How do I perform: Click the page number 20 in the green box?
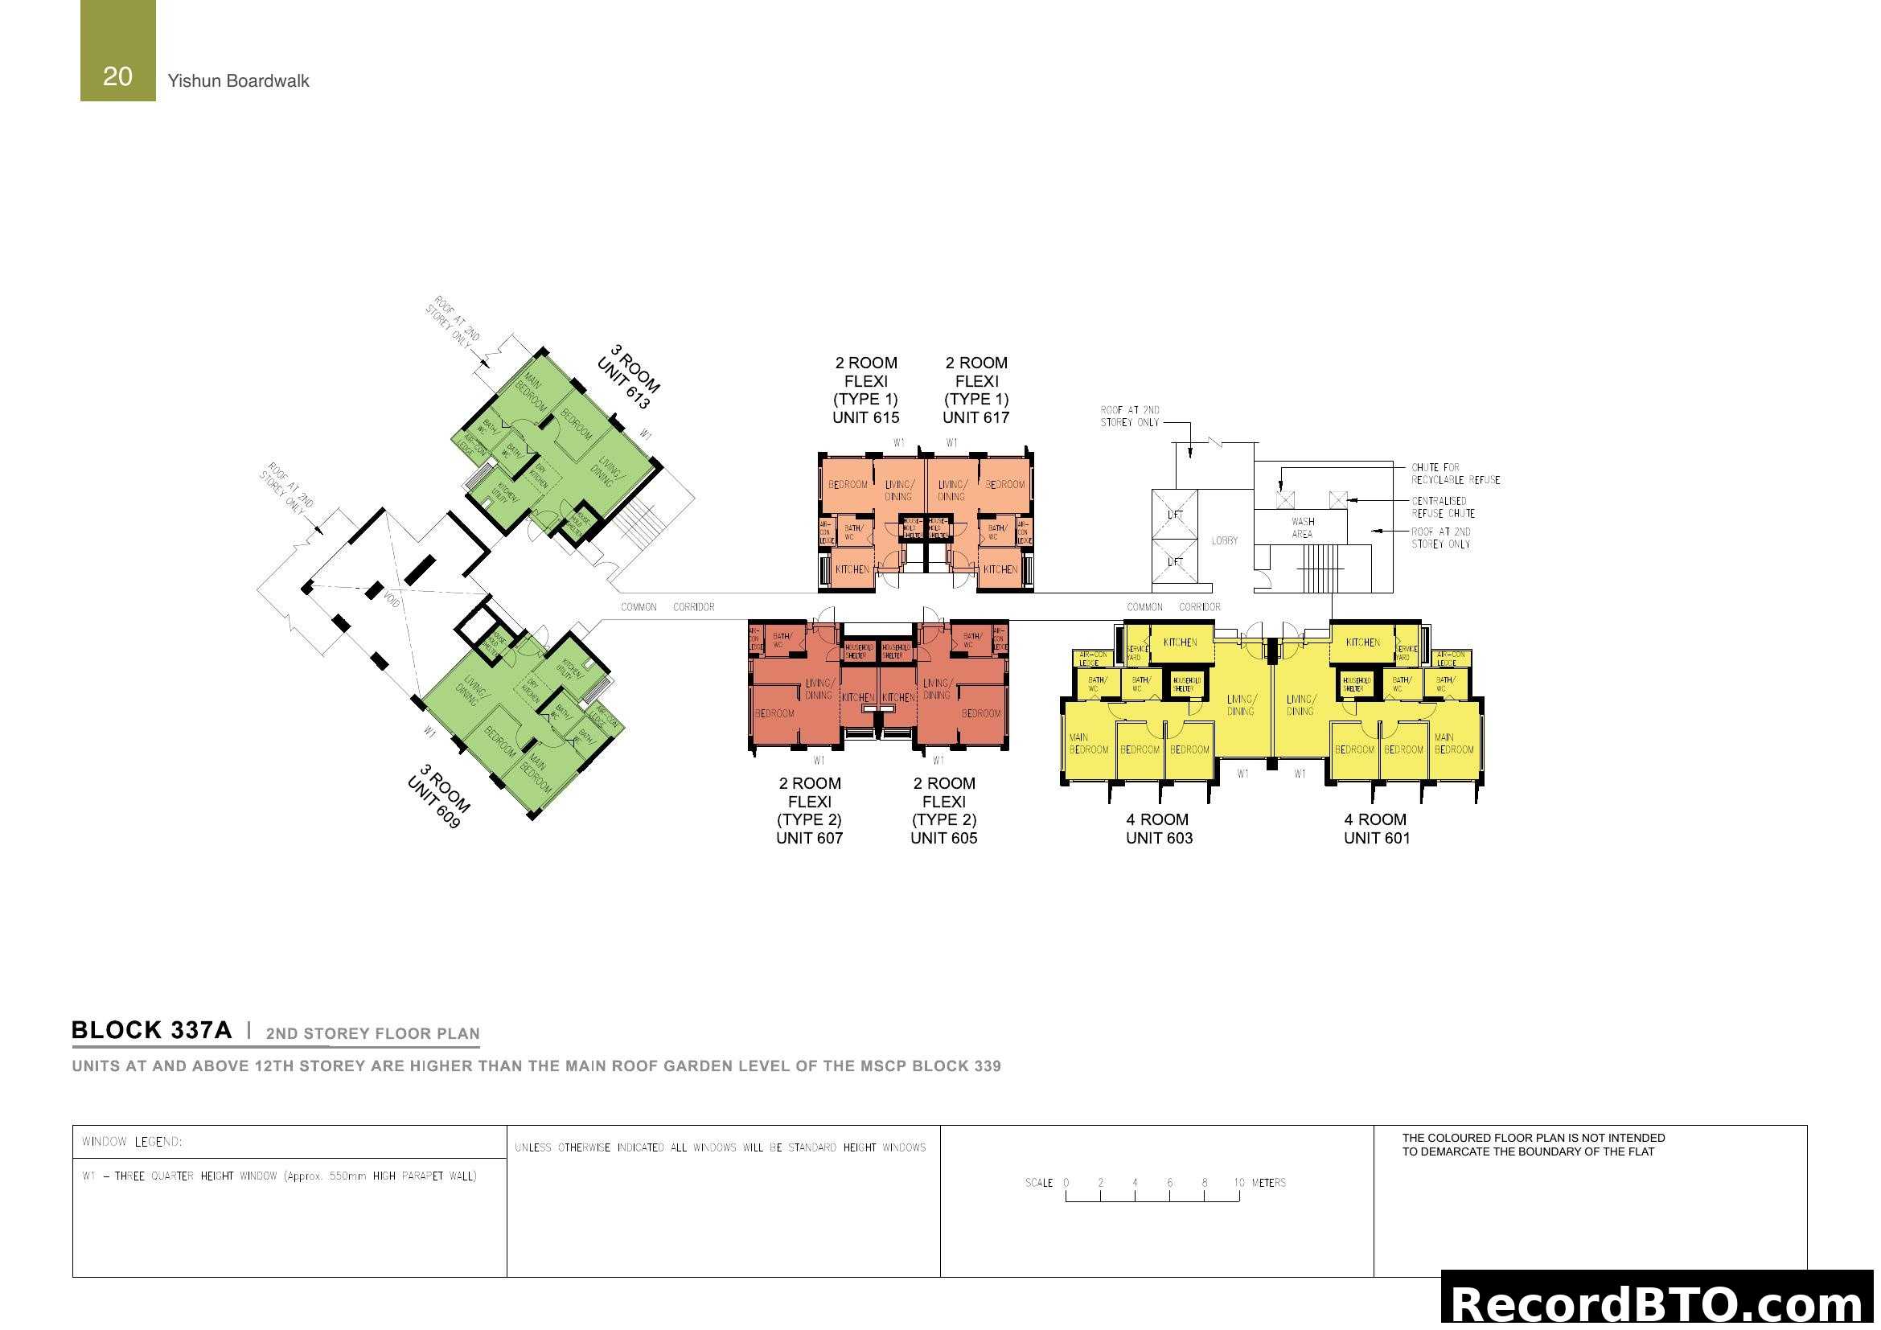(117, 76)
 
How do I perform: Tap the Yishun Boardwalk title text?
(237, 81)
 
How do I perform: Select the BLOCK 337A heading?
(151, 1030)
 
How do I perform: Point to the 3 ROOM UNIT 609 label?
(439, 796)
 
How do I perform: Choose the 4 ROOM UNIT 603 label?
(1158, 828)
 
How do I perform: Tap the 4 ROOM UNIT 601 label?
(1376, 828)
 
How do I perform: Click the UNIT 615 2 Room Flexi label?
(865, 390)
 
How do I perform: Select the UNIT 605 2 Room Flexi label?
(944, 810)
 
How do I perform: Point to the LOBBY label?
(1224, 540)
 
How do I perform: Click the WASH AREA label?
(1302, 527)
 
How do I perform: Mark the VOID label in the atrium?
(392, 599)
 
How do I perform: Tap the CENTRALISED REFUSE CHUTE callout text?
(1442, 507)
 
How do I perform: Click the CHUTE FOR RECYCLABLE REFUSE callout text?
(1455, 474)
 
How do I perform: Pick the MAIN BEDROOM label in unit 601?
(1453, 744)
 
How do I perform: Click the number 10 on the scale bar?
(1238, 1183)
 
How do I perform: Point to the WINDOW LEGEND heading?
(132, 1142)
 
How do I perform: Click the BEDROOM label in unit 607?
(774, 713)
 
